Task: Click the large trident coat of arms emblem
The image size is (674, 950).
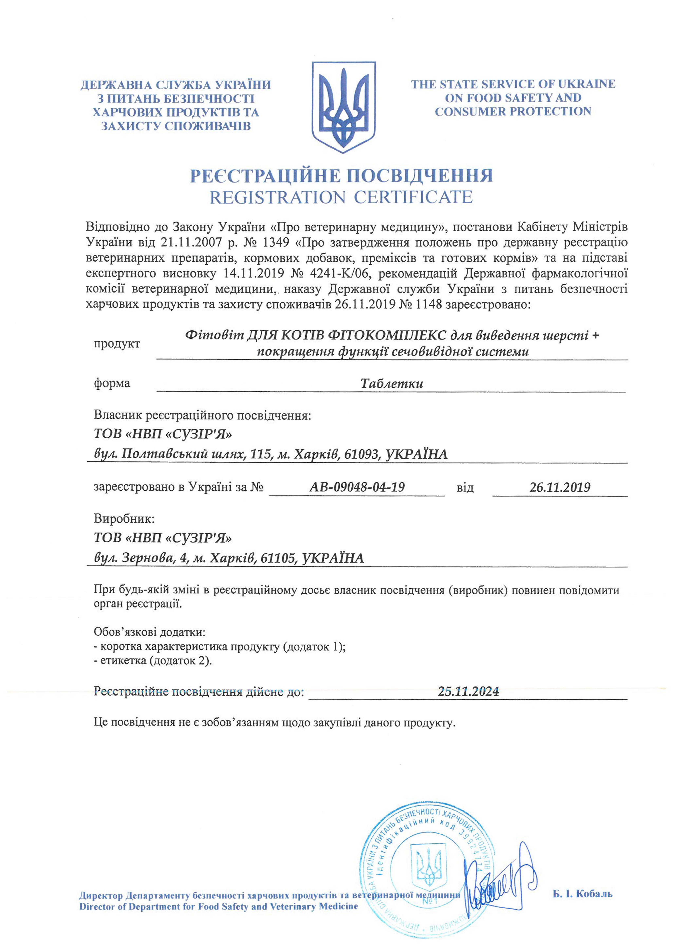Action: click(344, 107)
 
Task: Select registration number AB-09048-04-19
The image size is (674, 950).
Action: click(357, 487)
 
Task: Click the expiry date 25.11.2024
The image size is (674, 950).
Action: click(468, 691)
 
